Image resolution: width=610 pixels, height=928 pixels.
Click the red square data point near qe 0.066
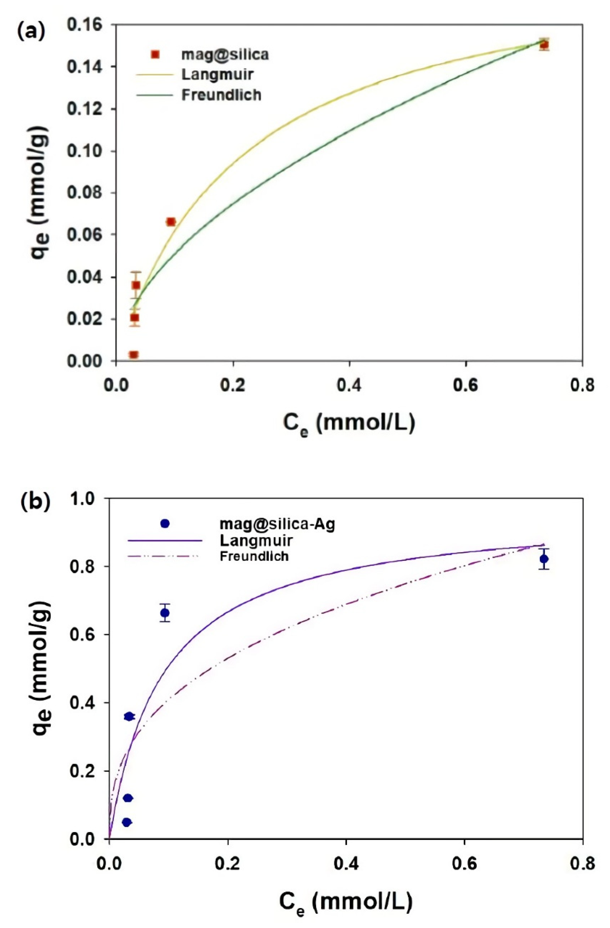[x=170, y=222]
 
